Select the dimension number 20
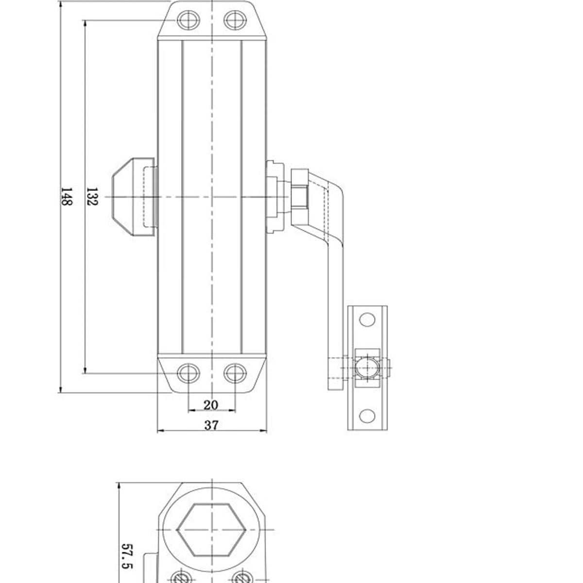(x=211, y=405)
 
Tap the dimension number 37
(x=211, y=425)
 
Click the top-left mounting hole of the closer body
(x=188, y=20)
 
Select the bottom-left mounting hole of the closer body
(x=188, y=373)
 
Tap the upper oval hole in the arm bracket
(x=367, y=320)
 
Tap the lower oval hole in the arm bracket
(x=367, y=416)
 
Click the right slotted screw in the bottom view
(x=241, y=578)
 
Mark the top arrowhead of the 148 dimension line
(x=61, y=3)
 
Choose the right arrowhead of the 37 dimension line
(x=265, y=430)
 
